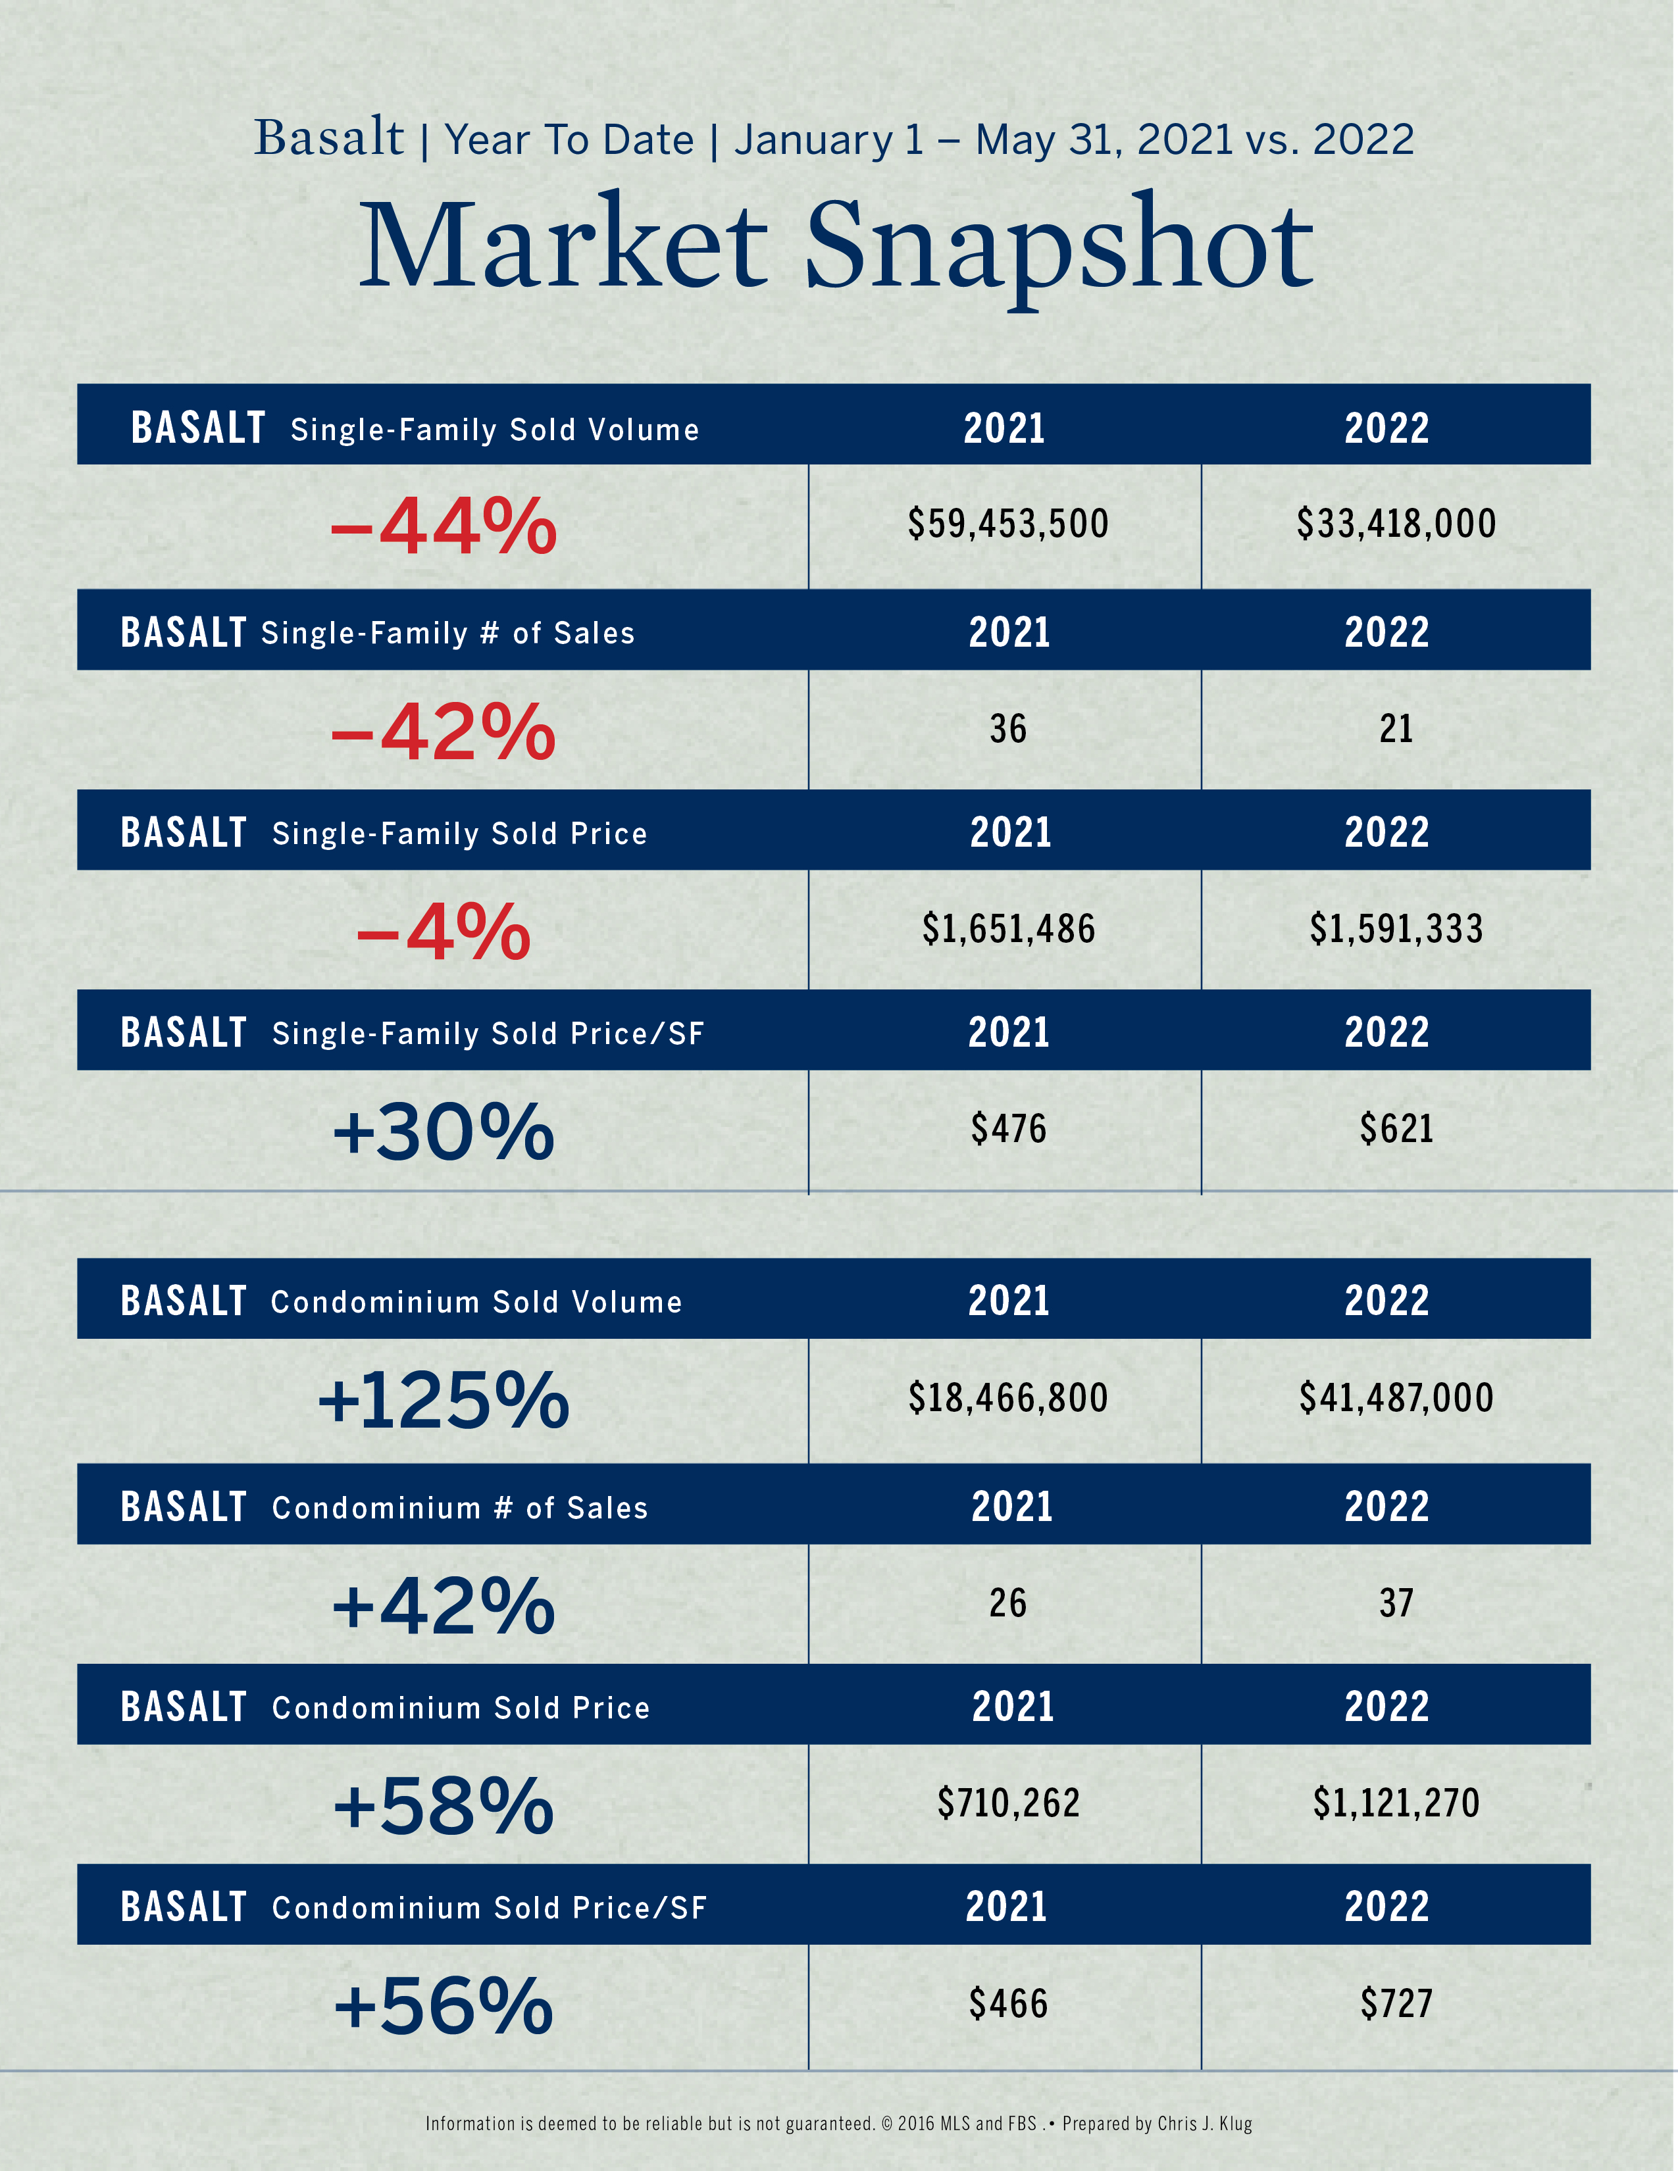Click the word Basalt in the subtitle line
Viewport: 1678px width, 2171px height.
tap(329, 138)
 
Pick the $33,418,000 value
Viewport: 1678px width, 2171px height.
tap(1396, 524)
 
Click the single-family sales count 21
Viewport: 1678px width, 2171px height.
tap(1396, 730)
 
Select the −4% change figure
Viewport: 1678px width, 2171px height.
tap(444, 932)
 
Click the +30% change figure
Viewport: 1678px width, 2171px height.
tap(444, 1132)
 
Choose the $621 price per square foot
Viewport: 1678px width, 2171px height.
tap(1396, 1129)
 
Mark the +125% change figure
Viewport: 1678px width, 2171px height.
tap(444, 1401)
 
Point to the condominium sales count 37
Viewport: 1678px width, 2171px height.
tap(1396, 1603)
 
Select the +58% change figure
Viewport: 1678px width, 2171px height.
tap(444, 1806)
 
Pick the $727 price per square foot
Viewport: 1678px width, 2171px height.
tap(1396, 2004)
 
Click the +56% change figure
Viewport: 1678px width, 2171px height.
tap(444, 2006)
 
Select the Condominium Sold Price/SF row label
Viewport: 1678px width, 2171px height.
tap(489, 1909)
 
